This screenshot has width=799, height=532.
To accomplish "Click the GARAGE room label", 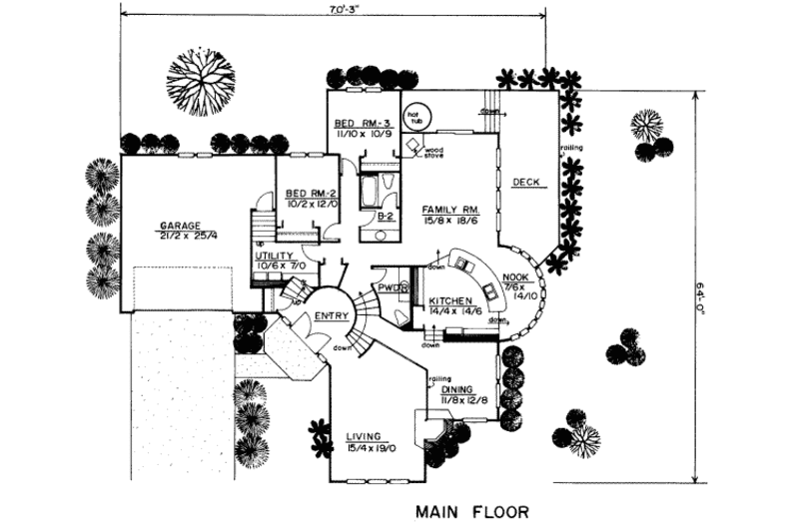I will click(x=181, y=226).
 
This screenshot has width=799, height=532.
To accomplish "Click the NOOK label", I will click(x=516, y=277).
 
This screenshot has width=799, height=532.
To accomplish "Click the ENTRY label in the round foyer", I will click(x=331, y=315).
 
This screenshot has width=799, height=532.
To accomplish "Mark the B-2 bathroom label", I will click(x=384, y=216).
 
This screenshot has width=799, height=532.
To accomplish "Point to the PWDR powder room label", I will click(x=390, y=287).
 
